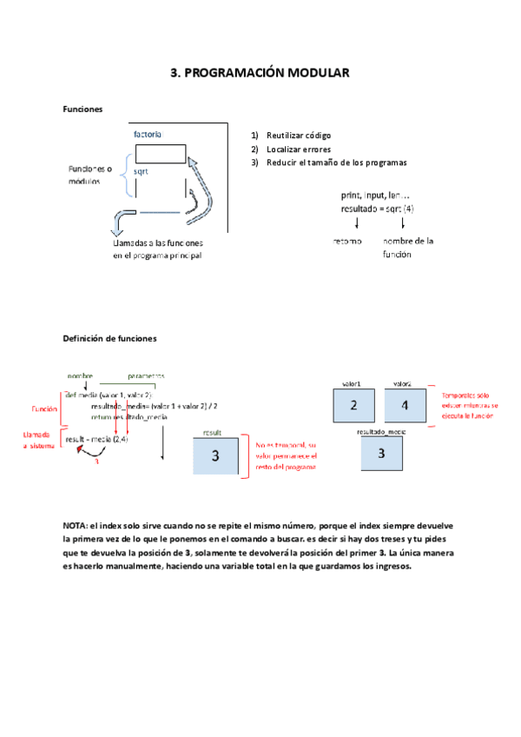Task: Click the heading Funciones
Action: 82,110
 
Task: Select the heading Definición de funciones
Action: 110,338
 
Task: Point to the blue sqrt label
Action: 141,172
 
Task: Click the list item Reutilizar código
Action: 298,136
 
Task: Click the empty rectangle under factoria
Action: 160,153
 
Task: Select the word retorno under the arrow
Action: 347,241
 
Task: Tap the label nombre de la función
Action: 407,247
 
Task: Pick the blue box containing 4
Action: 404,405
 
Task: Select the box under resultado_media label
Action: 381,453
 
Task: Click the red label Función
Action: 44,408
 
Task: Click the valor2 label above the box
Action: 402,383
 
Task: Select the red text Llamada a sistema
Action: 37,439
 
